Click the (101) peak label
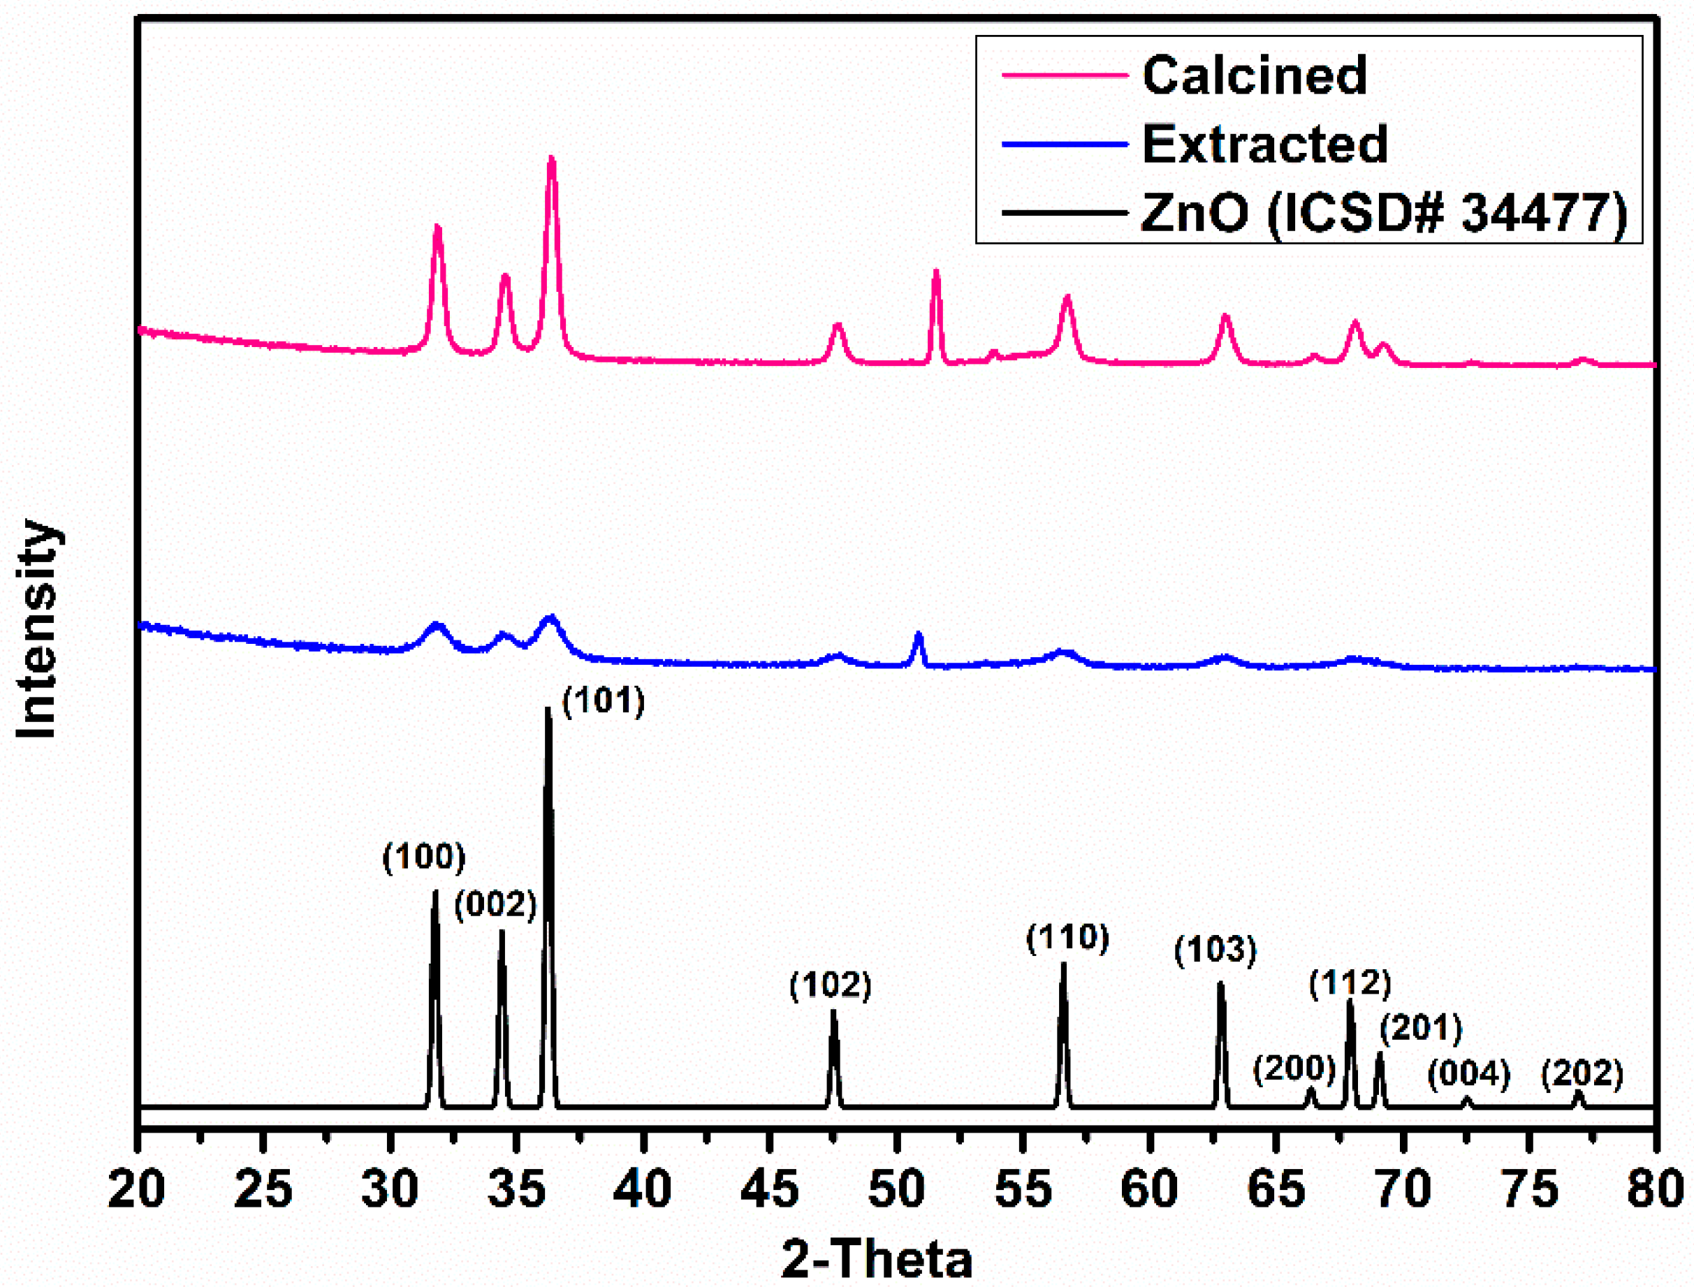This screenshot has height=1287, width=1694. click(604, 701)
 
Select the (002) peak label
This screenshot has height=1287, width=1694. click(495, 905)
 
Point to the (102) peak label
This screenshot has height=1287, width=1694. click(831, 985)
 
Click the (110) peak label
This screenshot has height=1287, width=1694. click(1067, 938)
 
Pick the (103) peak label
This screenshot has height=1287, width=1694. click(1215, 950)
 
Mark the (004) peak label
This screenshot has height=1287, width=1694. click(1468, 1074)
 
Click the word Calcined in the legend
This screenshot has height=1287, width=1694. click(1254, 75)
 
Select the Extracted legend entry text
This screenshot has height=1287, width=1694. click(1264, 144)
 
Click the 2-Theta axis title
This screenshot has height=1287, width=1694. click(877, 1258)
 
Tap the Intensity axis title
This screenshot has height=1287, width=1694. click(37, 628)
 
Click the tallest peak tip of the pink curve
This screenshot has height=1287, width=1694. click(551, 159)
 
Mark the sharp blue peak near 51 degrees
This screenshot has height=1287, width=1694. click(918, 634)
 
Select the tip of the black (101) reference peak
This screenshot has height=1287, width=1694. click(548, 709)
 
